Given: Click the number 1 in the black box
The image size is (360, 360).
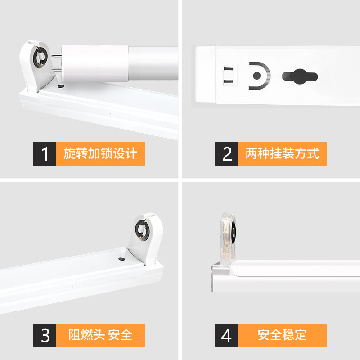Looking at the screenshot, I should click(x=45, y=154).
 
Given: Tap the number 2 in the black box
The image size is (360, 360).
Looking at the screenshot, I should click(x=227, y=154).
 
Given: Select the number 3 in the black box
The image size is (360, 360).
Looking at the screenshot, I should click(x=45, y=335).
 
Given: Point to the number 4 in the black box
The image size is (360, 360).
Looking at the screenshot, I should click(x=227, y=335).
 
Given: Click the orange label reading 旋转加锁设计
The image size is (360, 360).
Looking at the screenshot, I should click(x=100, y=154).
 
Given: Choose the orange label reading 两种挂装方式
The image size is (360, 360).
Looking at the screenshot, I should click(x=282, y=154).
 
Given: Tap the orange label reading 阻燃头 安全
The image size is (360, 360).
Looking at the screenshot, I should click(x=100, y=335).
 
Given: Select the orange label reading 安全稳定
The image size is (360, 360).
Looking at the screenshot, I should click(x=282, y=335).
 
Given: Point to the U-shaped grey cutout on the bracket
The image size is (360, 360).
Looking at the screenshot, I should click(x=259, y=76).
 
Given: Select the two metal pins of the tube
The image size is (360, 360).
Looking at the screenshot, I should click(x=56, y=63).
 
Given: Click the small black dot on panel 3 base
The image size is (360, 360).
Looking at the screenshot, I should click(x=121, y=259).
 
